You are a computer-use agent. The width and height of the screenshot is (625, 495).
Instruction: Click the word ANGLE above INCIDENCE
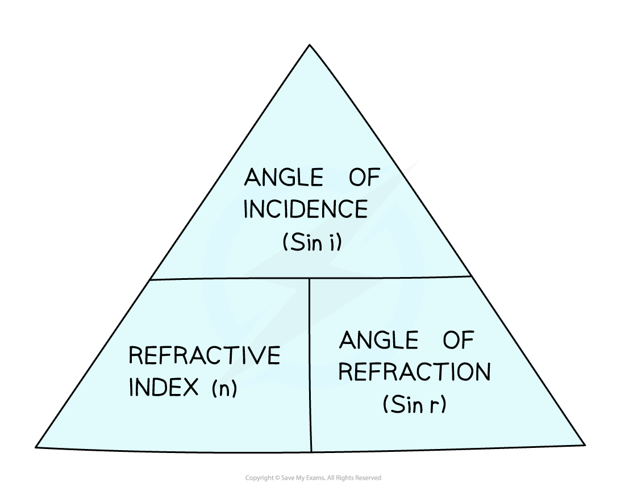coord(284,178)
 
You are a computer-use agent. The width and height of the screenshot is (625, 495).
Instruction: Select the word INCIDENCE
coord(305,209)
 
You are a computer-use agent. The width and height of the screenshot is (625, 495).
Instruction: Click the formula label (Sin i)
coord(311,242)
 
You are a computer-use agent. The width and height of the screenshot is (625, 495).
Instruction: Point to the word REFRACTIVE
coord(205,356)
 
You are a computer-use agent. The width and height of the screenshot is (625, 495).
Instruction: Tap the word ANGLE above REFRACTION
coord(378,341)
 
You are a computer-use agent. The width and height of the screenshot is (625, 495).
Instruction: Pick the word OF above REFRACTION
coord(457,341)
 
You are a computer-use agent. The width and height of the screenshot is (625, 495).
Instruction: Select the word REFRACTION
coord(414,372)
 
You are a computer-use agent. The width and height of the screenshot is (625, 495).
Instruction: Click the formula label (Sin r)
coord(414,405)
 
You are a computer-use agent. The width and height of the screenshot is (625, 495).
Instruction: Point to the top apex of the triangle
coord(310,47)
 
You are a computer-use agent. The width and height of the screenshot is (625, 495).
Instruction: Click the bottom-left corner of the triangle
coord(39,446)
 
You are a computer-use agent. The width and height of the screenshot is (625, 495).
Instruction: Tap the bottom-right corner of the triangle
coord(582,444)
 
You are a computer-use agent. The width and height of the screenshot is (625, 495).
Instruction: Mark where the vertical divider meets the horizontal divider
coord(310,278)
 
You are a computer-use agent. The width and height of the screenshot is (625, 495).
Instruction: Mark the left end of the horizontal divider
coord(151,279)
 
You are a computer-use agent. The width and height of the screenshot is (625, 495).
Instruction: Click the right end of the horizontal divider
coord(470,276)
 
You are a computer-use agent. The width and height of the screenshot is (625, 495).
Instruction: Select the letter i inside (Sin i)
coord(331,242)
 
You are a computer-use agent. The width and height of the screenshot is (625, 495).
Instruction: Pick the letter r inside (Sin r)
coord(434,406)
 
